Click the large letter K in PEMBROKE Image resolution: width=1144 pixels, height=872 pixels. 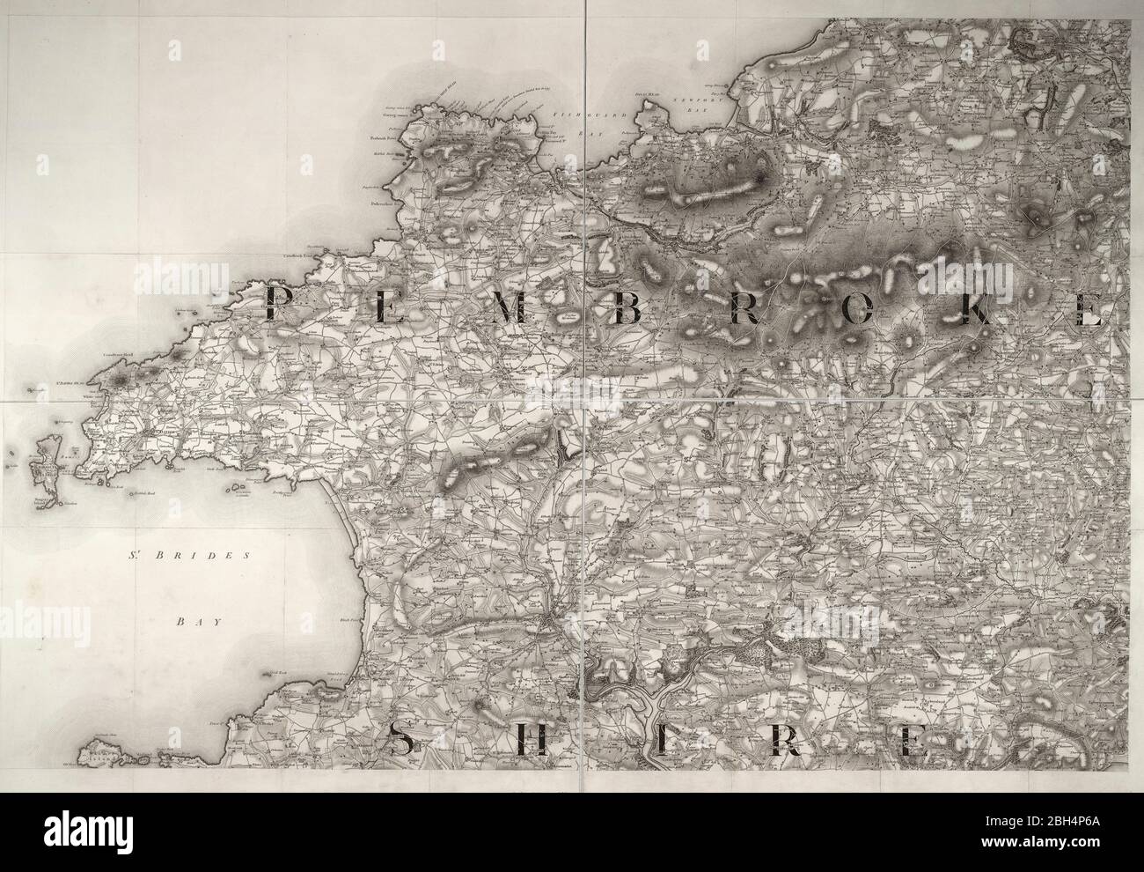point(976,310)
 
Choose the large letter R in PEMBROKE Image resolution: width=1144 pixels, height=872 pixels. point(744,309)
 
